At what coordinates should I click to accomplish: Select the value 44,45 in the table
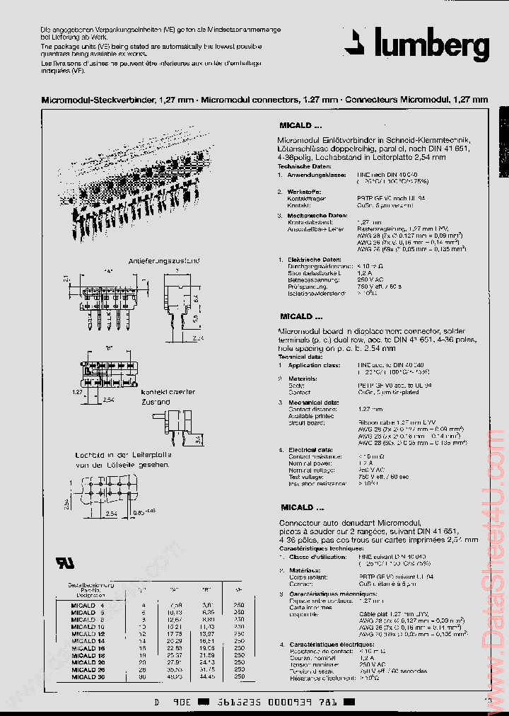208,676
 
